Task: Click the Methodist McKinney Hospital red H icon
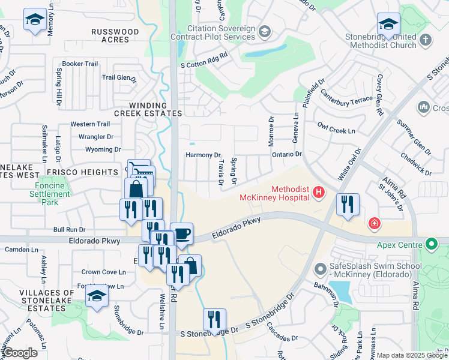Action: point(318,193)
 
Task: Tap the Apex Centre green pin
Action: point(430,244)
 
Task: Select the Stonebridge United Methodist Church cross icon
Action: point(425,40)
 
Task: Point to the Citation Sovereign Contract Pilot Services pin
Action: point(265,32)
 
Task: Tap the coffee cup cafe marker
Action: point(181,234)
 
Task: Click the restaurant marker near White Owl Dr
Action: point(348,205)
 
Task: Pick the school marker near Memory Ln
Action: point(35,20)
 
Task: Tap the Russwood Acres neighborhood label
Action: point(110,35)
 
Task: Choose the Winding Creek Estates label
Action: point(148,109)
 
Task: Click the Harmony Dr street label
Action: point(203,155)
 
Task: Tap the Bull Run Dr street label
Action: point(70,229)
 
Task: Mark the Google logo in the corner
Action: point(21,353)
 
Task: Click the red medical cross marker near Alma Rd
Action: point(375,224)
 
